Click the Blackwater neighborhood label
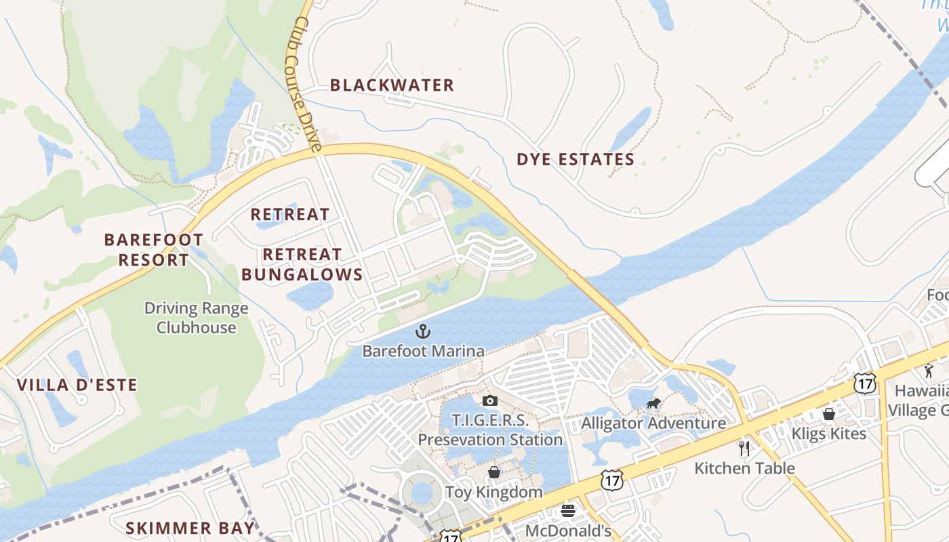pos(392,85)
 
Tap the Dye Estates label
pos(576,160)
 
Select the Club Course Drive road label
pos(307,85)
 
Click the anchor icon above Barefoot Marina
pos(423,331)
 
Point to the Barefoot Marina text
pos(423,351)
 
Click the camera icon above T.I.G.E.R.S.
pos(490,400)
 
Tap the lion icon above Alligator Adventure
pos(653,405)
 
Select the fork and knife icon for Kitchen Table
pos(744,448)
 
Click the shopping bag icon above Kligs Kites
pos(828,413)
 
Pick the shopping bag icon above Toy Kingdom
pos(494,472)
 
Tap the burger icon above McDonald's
pos(568,511)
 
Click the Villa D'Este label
pos(77,385)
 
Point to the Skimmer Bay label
pos(190,528)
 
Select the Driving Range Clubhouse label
pos(197,318)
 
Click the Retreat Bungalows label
pos(302,264)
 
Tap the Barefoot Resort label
pos(153,249)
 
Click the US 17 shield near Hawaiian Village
pos(865,383)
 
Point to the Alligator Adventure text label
pos(653,423)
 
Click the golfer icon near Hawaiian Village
pos(929,371)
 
